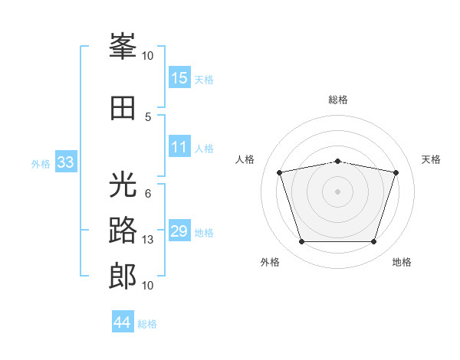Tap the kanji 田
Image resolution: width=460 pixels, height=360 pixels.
[123, 108]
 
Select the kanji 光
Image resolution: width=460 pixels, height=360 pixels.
[123, 186]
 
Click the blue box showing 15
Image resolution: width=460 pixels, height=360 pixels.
[179, 78]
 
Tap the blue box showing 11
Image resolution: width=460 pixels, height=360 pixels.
[179, 148]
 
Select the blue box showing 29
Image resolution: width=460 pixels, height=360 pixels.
[179, 231]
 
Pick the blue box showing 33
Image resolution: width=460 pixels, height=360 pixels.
[65, 162]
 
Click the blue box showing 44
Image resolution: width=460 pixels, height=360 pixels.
[123, 322]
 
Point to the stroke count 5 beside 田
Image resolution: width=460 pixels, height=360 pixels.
[148, 116]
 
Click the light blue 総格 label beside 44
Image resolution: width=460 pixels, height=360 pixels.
[147, 324]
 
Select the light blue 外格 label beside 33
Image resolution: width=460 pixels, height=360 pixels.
[41, 163]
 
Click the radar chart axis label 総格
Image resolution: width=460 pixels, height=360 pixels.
[338, 100]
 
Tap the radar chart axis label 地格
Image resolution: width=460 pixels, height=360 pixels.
[402, 263]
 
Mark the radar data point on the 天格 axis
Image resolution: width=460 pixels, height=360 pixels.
[396, 173]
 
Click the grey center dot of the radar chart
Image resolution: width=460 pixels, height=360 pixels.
[338, 191]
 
